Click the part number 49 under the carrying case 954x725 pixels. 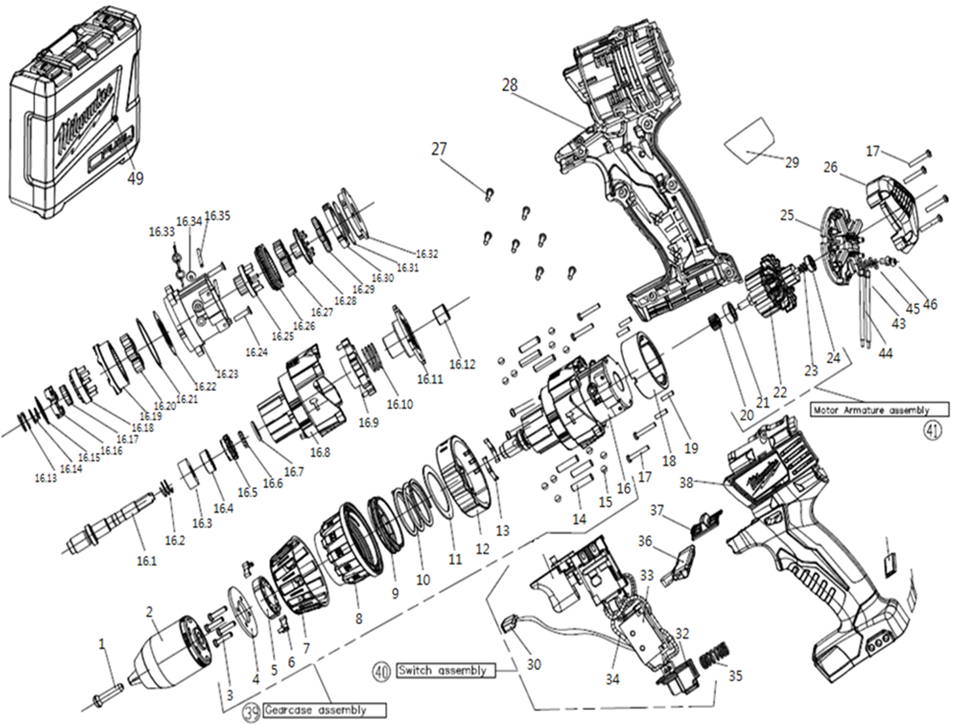click(x=135, y=178)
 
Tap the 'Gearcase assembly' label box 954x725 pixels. click(x=324, y=710)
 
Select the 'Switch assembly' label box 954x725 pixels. click(x=445, y=671)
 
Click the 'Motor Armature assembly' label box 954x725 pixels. click(x=879, y=410)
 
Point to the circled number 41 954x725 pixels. click(x=932, y=430)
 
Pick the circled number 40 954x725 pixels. click(x=382, y=671)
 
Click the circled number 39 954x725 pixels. click(x=252, y=712)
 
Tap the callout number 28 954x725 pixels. click(x=509, y=84)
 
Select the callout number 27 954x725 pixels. click(x=439, y=149)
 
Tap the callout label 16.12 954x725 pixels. click(x=462, y=364)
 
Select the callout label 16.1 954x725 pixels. click(x=147, y=561)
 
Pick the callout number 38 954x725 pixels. click(x=686, y=483)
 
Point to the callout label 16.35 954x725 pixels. click(x=217, y=215)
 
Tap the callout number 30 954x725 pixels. click(x=534, y=664)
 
